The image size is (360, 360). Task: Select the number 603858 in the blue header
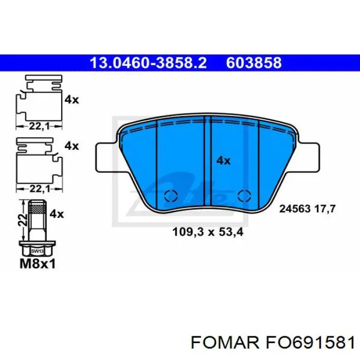tap(254, 63)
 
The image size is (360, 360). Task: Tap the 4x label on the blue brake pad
tap(223, 160)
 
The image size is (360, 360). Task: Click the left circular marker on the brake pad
tap(170, 195)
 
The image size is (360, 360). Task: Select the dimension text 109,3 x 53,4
tap(207, 232)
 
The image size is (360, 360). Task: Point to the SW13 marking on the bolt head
tap(36, 251)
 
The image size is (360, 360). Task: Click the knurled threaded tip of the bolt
tap(36, 208)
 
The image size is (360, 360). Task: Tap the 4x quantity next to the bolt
tap(57, 214)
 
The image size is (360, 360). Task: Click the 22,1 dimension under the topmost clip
tap(37, 125)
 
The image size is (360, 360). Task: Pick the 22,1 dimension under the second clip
tap(37, 188)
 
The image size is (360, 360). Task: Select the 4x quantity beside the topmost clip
tap(71, 100)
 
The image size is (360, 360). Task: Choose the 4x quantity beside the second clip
tap(71, 146)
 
